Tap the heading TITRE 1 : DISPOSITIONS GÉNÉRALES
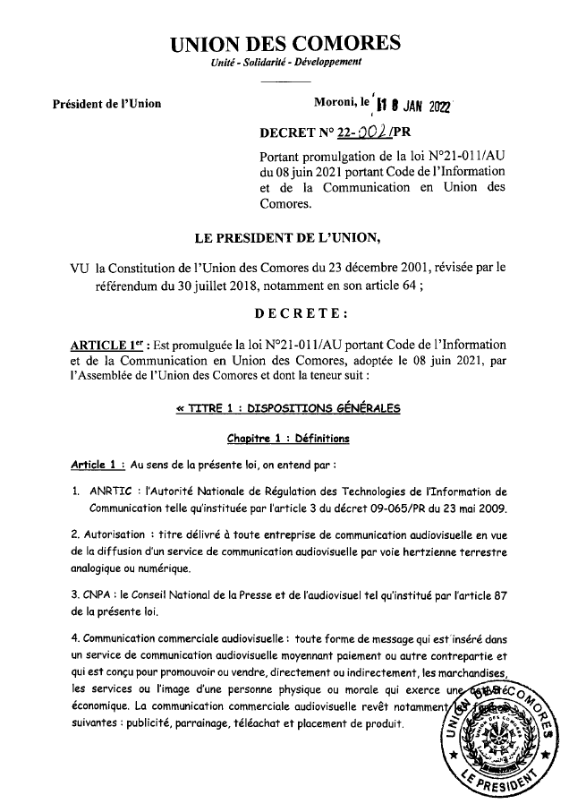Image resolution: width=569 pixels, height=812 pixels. point(288,408)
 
